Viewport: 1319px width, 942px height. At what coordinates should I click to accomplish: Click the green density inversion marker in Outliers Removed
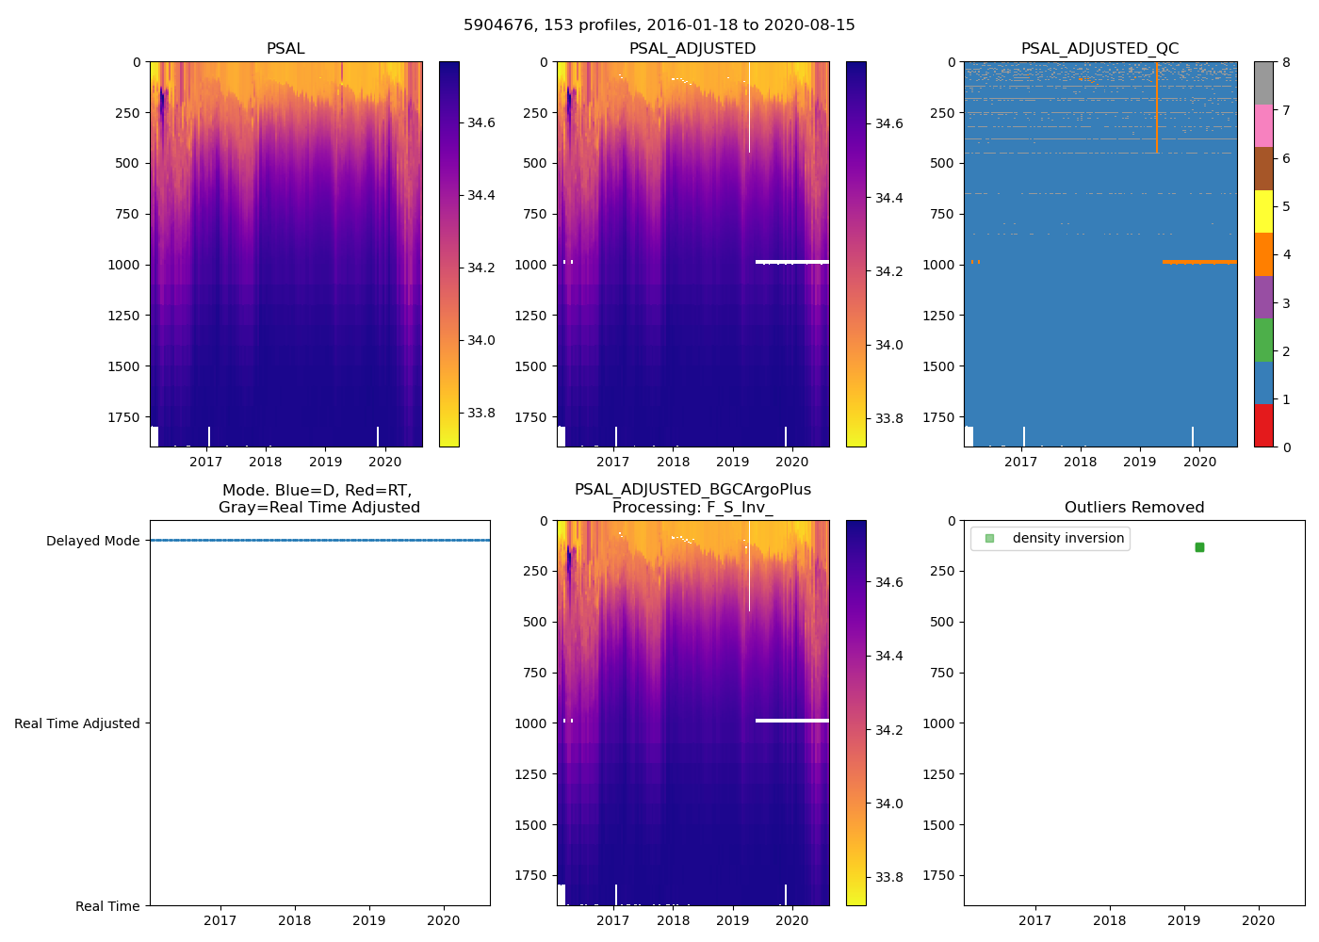[1199, 547]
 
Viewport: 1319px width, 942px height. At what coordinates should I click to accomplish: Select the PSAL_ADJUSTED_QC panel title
[1099, 49]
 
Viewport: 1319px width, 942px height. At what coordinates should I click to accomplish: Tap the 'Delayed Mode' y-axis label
[92, 541]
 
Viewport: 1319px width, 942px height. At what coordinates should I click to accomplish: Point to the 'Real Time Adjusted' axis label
[77, 723]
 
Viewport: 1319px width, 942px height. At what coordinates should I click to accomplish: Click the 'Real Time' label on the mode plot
[107, 906]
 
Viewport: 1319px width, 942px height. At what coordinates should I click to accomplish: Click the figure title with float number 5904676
[659, 25]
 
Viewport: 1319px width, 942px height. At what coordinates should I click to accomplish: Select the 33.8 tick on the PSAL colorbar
[480, 413]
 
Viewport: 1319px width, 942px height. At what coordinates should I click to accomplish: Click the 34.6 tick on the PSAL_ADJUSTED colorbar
[888, 123]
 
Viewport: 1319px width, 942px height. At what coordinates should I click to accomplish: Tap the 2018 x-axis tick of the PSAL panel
[266, 462]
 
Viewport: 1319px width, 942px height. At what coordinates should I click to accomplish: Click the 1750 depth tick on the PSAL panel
[124, 417]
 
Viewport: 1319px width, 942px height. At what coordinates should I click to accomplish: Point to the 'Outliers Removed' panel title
[1134, 508]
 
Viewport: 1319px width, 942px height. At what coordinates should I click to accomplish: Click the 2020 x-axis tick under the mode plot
[444, 920]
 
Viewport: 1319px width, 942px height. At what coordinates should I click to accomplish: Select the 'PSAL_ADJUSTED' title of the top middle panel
[692, 49]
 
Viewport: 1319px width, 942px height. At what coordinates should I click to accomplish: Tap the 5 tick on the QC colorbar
[1282, 206]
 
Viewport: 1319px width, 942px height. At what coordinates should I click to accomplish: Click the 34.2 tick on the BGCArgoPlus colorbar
[888, 730]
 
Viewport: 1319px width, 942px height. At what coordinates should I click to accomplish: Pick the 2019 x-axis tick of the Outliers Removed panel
[1184, 920]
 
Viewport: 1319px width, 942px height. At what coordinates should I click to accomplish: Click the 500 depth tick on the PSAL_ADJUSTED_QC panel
[943, 163]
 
